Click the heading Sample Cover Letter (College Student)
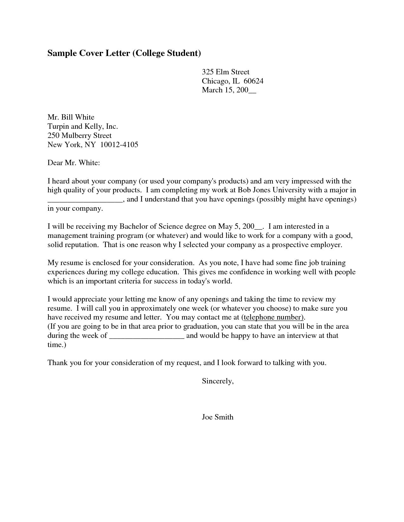click(124, 53)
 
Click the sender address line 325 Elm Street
click(226, 72)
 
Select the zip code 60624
click(253, 81)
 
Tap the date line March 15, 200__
click(229, 90)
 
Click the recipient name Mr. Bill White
click(71, 117)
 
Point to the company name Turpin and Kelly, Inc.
click(83, 127)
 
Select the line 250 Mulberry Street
click(80, 136)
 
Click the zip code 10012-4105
click(119, 145)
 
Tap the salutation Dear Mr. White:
click(74, 163)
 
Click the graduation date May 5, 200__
click(240, 227)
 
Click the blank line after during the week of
click(147, 337)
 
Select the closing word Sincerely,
click(218, 381)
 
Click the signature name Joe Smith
click(218, 417)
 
